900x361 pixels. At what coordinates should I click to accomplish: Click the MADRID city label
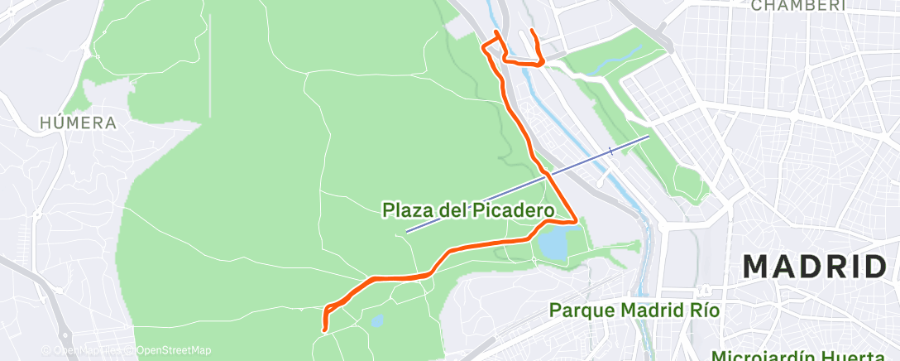click(814, 267)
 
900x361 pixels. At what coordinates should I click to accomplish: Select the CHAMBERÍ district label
click(798, 5)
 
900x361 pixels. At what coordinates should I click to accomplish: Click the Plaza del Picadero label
click(467, 210)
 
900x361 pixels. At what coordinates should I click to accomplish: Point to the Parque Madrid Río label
click(635, 310)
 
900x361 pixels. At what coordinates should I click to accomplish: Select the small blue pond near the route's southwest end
click(377, 320)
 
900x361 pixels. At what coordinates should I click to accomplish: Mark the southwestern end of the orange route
click(323, 331)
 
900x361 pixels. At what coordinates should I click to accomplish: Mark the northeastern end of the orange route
click(530, 31)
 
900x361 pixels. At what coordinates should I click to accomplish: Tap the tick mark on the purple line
click(610, 151)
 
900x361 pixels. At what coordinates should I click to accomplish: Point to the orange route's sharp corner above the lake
click(575, 221)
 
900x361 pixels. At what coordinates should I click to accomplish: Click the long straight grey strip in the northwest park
click(210, 66)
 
